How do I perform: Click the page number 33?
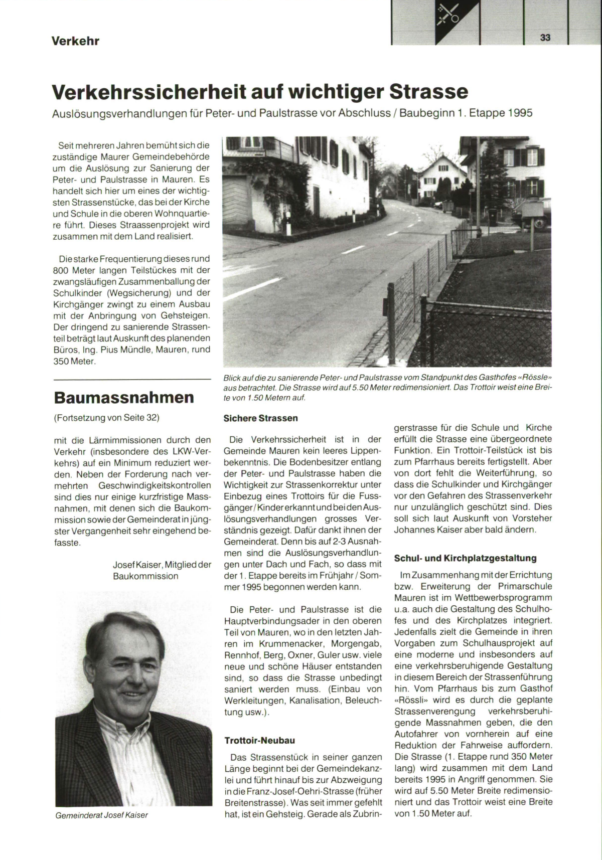click(546, 38)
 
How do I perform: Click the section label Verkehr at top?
click(75, 41)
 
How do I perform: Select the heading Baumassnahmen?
click(123, 398)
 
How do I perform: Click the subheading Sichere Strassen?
click(260, 418)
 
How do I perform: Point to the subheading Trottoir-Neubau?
click(259, 741)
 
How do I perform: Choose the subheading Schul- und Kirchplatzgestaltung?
click(466, 558)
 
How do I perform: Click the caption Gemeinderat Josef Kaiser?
click(102, 815)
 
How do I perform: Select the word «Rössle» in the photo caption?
click(533, 377)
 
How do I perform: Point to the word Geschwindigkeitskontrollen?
click(155, 486)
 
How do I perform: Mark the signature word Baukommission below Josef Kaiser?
click(145, 576)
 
